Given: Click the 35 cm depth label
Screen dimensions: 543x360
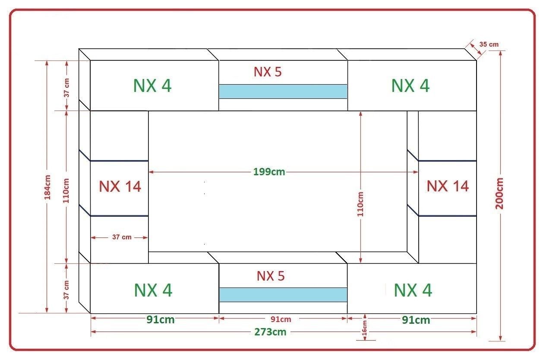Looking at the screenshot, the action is pos(489,44).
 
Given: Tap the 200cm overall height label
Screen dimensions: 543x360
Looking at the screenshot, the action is pos(499,193).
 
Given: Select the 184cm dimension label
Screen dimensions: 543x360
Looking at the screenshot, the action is pos(47,187).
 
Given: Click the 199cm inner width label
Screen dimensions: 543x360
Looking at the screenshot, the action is pos(269,172).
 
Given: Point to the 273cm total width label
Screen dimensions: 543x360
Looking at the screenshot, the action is pos(270,332).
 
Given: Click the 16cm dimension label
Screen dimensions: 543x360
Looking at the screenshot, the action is pos(364,328).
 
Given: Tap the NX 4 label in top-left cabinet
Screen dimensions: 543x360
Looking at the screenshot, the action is pos(152,85).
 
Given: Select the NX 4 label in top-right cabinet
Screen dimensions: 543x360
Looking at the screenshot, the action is pos(410,85).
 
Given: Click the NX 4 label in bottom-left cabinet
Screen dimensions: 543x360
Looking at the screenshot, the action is pos(153,290).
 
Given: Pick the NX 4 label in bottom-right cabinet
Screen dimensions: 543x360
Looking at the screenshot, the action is pos(413,290).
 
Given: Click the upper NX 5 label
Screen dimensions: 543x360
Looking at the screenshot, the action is pos(268,72).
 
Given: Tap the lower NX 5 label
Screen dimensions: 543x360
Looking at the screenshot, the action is pos(271,276).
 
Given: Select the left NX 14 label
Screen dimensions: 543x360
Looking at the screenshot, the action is pos(120,186).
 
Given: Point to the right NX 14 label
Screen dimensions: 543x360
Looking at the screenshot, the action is pos(448,186).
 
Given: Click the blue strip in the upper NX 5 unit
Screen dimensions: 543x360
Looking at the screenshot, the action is pos(283,92).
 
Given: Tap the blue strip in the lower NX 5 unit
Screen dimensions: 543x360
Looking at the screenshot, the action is pos(283,294).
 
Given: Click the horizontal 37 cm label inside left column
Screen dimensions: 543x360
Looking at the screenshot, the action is pos(122,237).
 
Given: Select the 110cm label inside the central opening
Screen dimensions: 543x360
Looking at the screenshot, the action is pos(360,204).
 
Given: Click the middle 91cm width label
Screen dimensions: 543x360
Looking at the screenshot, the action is pos(281,319).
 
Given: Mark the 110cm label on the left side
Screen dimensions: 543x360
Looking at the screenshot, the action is pos(66,190).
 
